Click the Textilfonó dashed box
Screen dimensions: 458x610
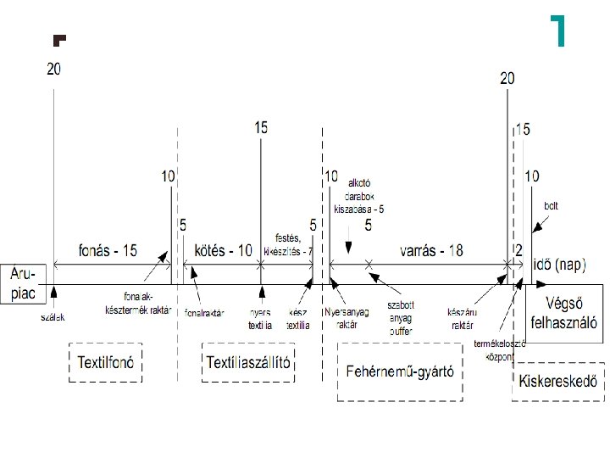[x=106, y=363]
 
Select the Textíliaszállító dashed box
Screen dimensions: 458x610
[x=250, y=363]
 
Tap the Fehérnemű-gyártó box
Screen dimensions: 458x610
[x=400, y=371]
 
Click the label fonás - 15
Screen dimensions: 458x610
[x=108, y=251]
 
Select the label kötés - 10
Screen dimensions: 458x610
[x=223, y=251]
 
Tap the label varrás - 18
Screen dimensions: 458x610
[x=431, y=251]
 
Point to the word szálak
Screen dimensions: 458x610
[x=53, y=317]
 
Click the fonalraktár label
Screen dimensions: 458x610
[x=204, y=312]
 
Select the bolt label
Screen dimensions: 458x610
[x=551, y=206]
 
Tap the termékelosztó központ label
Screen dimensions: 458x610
[x=500, y=349]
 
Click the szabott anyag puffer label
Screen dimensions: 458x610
[x=400, y=316]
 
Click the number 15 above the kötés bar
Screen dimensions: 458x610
[x=261, y=127]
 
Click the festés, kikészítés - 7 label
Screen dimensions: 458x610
[x=288, y=245]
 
